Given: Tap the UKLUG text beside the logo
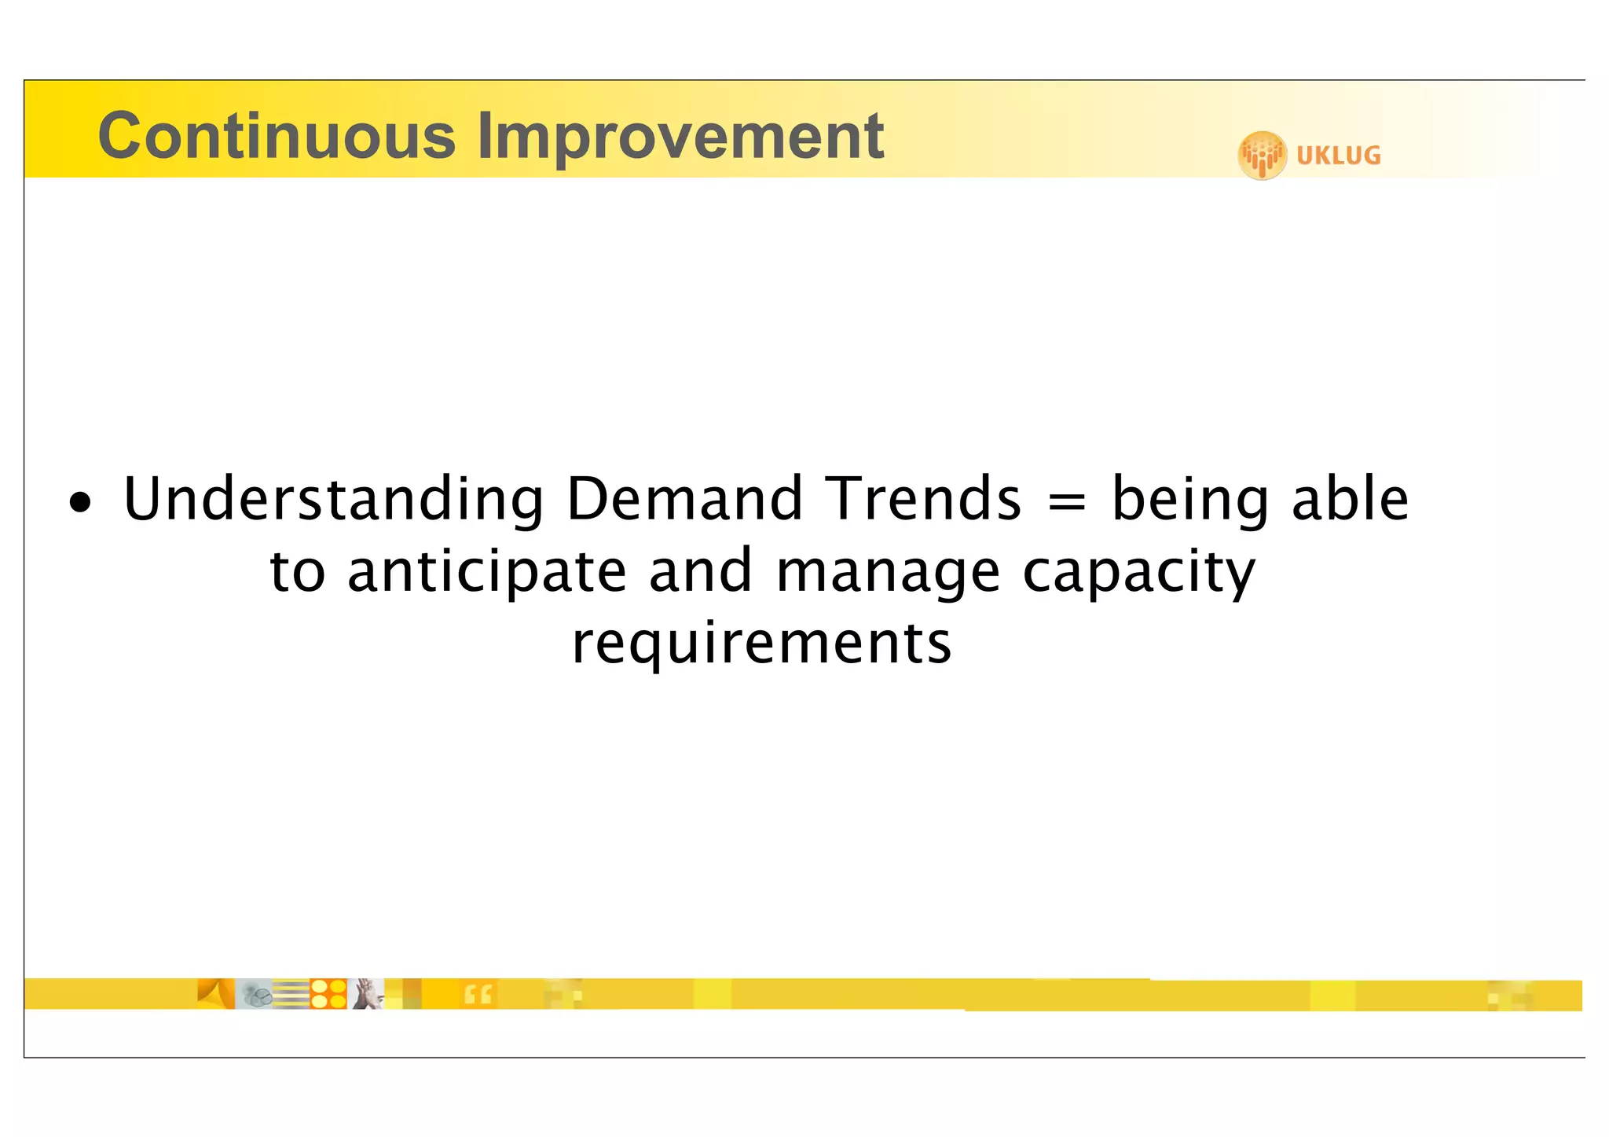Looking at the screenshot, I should point(1338,156).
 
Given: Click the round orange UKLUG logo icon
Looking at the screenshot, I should point(1262,155).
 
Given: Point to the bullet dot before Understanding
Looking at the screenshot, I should point(80,503).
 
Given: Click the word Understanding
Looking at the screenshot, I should point(333,500).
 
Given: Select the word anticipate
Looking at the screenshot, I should point(486,572).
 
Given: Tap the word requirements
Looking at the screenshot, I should point(761,643).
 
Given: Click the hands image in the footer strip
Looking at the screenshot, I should point(366,994).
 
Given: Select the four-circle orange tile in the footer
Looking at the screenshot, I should point(328,994).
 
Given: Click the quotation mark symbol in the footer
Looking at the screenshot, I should point(478,995).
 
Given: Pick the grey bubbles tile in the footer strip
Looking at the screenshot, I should point(255,995).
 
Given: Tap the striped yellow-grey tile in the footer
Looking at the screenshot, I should point(291,995).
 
